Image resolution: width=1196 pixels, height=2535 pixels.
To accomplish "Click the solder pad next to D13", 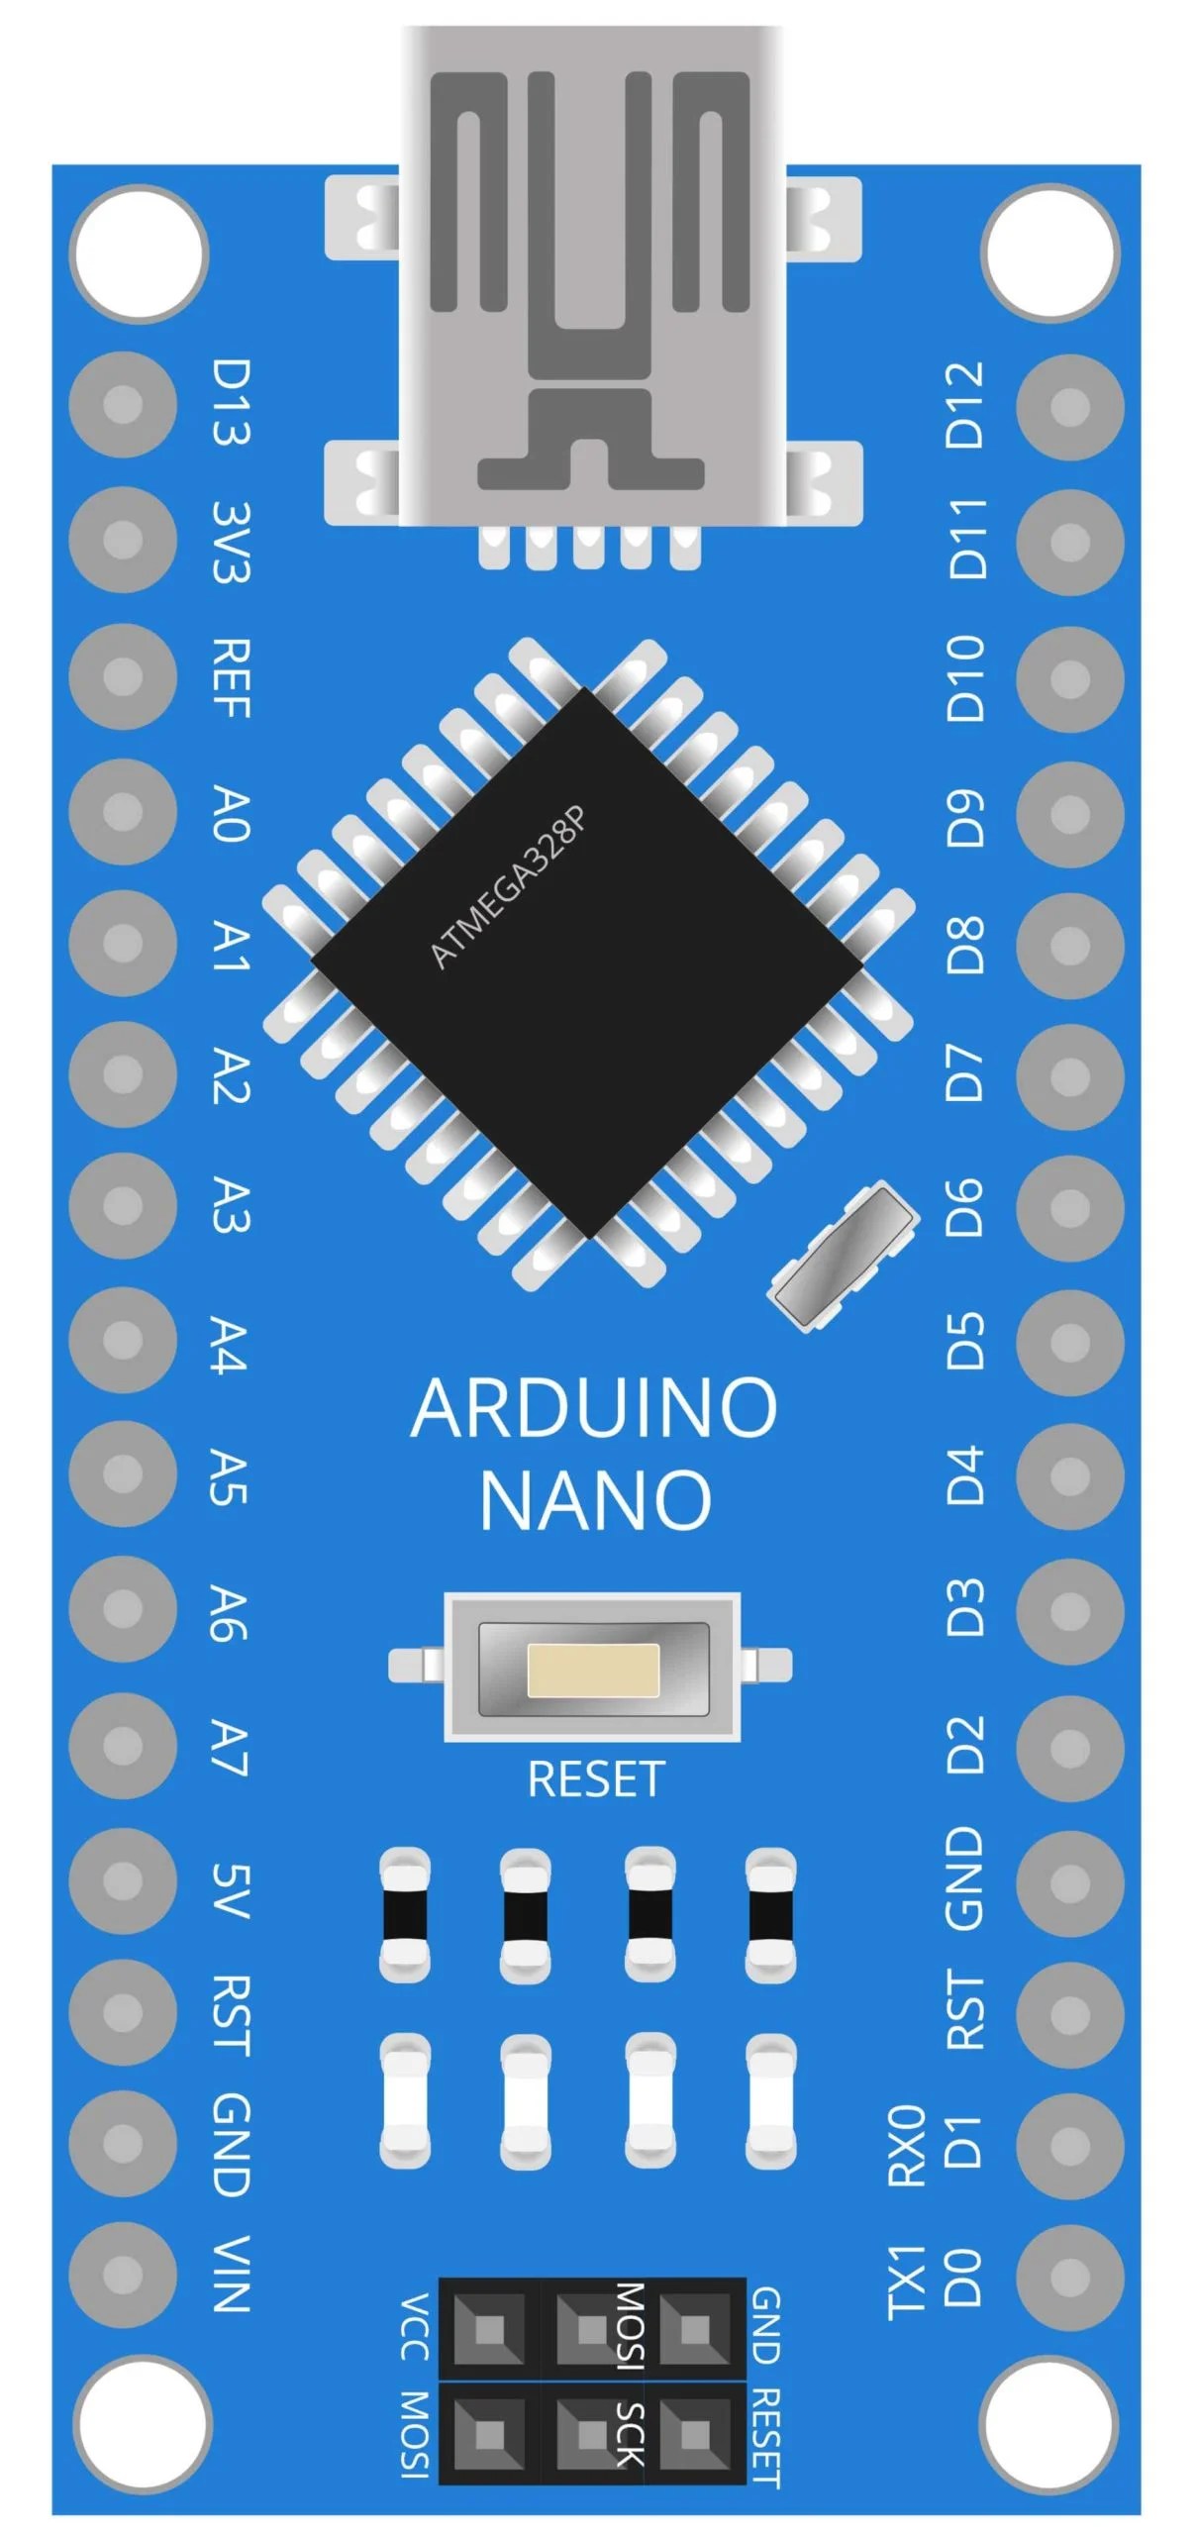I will coord(123,405).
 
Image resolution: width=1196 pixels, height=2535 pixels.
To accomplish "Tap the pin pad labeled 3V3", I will coord(123,540).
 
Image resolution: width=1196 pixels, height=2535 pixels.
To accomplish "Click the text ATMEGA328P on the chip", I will coord(509,887).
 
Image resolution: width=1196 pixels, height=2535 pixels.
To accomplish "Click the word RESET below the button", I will coord(595,1779).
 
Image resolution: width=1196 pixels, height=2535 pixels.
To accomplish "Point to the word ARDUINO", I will coord(594,1407).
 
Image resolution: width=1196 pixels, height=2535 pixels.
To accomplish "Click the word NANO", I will coord(595,1499).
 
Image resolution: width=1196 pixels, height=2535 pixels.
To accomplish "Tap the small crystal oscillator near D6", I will coord(844,1254).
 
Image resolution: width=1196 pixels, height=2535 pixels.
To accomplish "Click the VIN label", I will coord(231,2274).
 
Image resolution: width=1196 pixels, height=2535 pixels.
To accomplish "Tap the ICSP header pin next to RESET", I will coord(695,2433).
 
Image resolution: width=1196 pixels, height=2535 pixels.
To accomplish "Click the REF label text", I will coord(232,678).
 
